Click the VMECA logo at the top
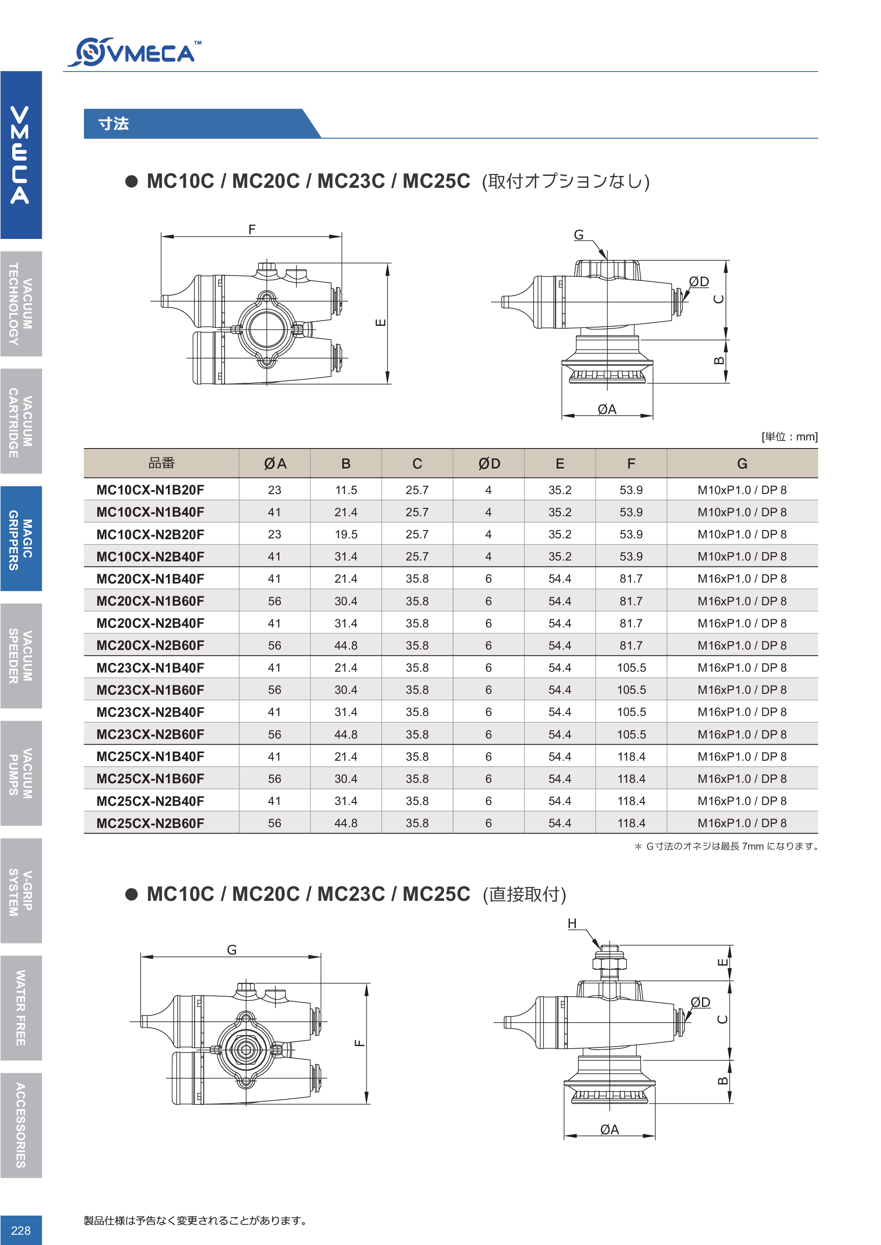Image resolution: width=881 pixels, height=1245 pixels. point(133,52)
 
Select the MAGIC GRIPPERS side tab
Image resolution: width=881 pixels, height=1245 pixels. point(20,538)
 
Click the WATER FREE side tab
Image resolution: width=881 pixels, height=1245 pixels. point(20,1007)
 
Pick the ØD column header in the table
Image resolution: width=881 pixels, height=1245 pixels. point(489,463)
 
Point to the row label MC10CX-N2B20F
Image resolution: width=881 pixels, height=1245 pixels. point(150,535)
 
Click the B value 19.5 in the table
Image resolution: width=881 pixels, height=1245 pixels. point(346,535)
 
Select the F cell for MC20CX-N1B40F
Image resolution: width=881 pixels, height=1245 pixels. point(631,579)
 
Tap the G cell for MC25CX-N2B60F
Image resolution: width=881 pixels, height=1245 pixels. point(742,823)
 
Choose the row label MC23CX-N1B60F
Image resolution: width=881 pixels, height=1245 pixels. point(150,690)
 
